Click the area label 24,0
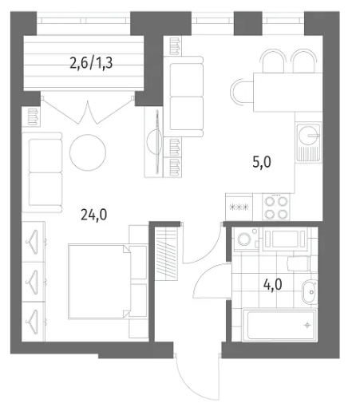pos(94,215)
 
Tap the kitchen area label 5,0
pos(262,162)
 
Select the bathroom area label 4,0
pos(273,285)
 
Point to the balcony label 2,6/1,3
pos(91,63)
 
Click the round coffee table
pos(88,152)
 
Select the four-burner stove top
pos(276,207)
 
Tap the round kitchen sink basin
pos(308,136)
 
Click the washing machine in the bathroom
pos(246,239)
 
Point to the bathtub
pos(279,325)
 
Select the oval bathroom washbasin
pos(310,291)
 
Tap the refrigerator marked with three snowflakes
pos(239,207)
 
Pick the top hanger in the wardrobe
pos(33,242)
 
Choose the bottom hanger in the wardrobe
pos(33,322)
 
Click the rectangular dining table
pos(288,93)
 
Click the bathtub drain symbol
pos(307,325)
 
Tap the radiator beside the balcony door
pos(34,117)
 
